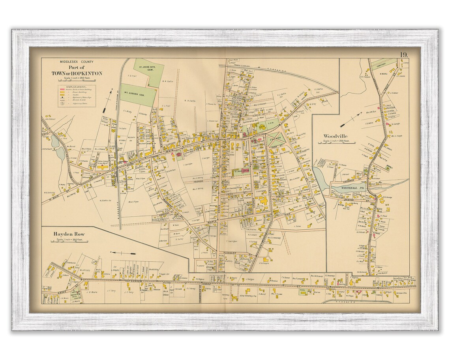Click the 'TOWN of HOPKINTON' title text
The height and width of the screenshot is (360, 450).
[77, 73]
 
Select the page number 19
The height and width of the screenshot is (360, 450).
[403, 55]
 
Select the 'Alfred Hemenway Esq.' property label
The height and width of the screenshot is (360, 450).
[243, 294]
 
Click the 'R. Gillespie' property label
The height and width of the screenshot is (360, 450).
[264, 263]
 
